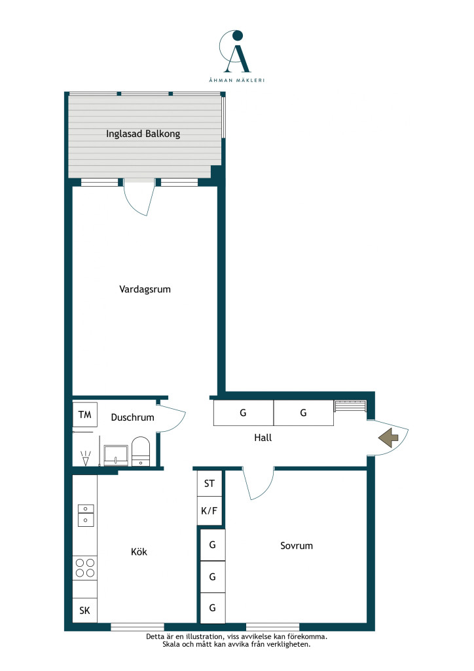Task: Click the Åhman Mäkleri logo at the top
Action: point(236,56)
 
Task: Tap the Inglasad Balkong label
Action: point(143,134)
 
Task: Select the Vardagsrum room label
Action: point(145,289)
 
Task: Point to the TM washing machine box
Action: point(84,414)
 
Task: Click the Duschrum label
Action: point(132,417)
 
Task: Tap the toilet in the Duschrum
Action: point(141,451)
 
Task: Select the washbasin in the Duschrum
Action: point(116,455)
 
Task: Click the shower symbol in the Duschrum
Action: point(86,458)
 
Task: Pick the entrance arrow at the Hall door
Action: point(388,438)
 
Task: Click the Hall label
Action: point(263,437)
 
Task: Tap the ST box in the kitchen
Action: point(210,483)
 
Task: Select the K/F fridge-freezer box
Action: point(210,510)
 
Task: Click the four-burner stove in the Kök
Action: point(85,568)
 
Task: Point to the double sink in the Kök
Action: point(86,515)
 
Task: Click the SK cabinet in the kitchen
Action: point(84,610)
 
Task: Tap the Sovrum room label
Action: point(297,546)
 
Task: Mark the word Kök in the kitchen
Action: point(139,552)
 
